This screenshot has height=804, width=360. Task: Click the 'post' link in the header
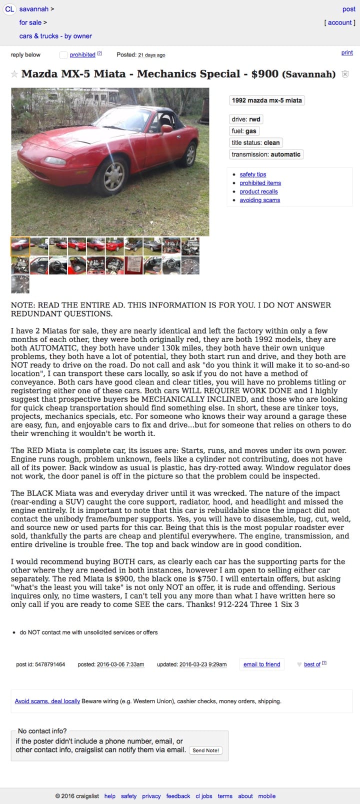[348, 9]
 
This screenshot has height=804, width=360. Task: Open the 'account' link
[340, 22]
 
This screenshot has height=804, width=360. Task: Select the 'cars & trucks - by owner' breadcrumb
[55, 36]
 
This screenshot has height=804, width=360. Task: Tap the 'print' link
[347, 52]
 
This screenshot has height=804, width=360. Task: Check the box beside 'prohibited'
[63, 55]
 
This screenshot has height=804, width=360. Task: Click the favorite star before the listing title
[14, 74]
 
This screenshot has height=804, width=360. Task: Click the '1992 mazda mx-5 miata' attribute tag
[266, 100]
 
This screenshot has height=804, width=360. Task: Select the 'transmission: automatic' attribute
[266, 154]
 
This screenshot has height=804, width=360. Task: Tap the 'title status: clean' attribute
[255, 142]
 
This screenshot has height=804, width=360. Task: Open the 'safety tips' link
[253, 174]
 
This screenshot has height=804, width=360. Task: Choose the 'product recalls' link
[258, 191]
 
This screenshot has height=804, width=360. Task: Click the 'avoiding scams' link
[259, 200]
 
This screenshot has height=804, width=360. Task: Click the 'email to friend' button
[261, 664]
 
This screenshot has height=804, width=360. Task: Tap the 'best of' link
[312, 664]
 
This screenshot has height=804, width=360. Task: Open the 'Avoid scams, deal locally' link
[47, 701]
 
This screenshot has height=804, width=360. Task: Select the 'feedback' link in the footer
[178, 796]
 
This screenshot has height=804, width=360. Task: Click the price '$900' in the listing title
[264, 74]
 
